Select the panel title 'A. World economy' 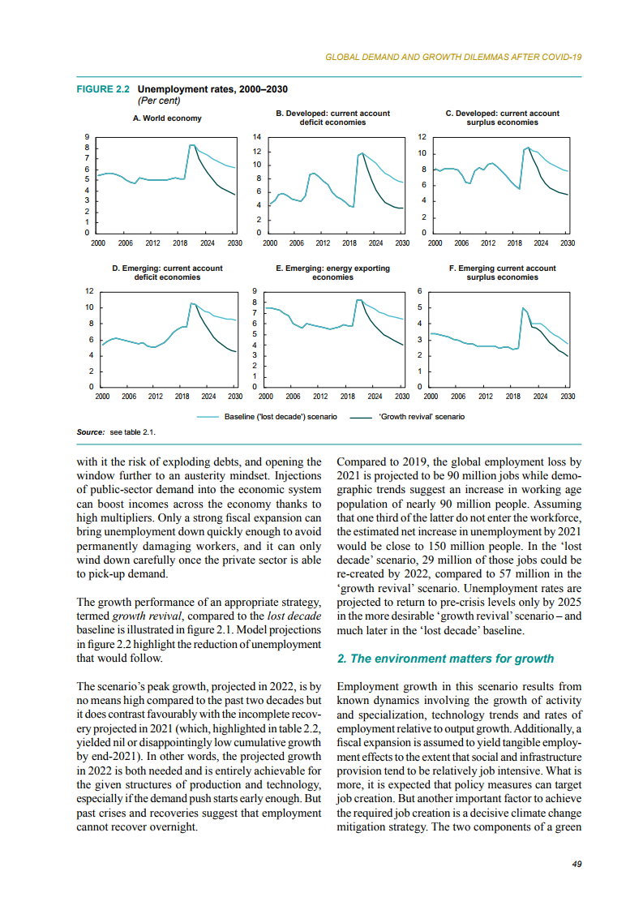click(x=167, y=118)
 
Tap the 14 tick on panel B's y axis click(x=257, y=138)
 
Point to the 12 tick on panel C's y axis click(x=422, y=138)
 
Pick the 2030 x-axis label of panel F click(x=568, y=397)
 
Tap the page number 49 click(x=577, y=865)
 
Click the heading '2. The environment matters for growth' click(x=445, y=659)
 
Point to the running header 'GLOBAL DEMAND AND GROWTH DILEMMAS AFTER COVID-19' click(x=453, y=58)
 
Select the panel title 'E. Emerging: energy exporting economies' click(x=332, y=273)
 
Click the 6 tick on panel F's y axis click(x=420, y=290)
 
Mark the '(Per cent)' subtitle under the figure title click(x=159, y=101)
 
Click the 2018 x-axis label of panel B click(x=349, y=243)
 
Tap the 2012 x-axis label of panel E click(x=319, y=397)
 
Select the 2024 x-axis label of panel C click(x=541, y=243)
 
